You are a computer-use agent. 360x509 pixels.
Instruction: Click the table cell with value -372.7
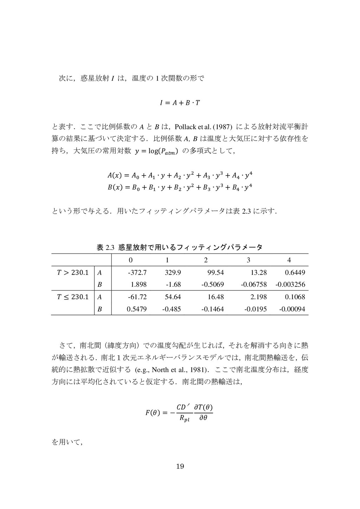[137, 272]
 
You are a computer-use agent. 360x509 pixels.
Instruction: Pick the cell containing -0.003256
[290, 284]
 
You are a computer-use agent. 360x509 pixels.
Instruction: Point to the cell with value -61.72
[137, 297]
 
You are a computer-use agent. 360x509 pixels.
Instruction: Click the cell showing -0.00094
[292, 309]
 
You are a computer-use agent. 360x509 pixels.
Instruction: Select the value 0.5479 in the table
[138, 309]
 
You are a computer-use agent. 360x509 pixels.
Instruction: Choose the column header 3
[249, 260]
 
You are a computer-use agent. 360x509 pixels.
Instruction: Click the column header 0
[131, 260]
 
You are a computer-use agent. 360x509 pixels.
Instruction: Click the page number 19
[180, 466]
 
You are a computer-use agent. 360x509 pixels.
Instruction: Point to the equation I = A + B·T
[179, 103]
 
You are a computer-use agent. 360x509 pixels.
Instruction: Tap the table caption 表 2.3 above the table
[180, 247]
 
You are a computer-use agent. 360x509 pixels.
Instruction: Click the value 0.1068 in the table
[295, 297]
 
